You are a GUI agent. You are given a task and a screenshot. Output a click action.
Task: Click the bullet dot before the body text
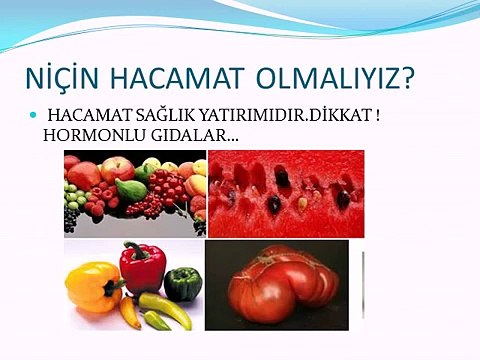[32, 116]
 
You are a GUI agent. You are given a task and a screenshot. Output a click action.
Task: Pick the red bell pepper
[142, 267]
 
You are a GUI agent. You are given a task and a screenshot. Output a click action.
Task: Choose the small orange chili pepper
[130, 313]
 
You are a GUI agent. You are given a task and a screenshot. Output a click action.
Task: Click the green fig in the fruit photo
[130, 188]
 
